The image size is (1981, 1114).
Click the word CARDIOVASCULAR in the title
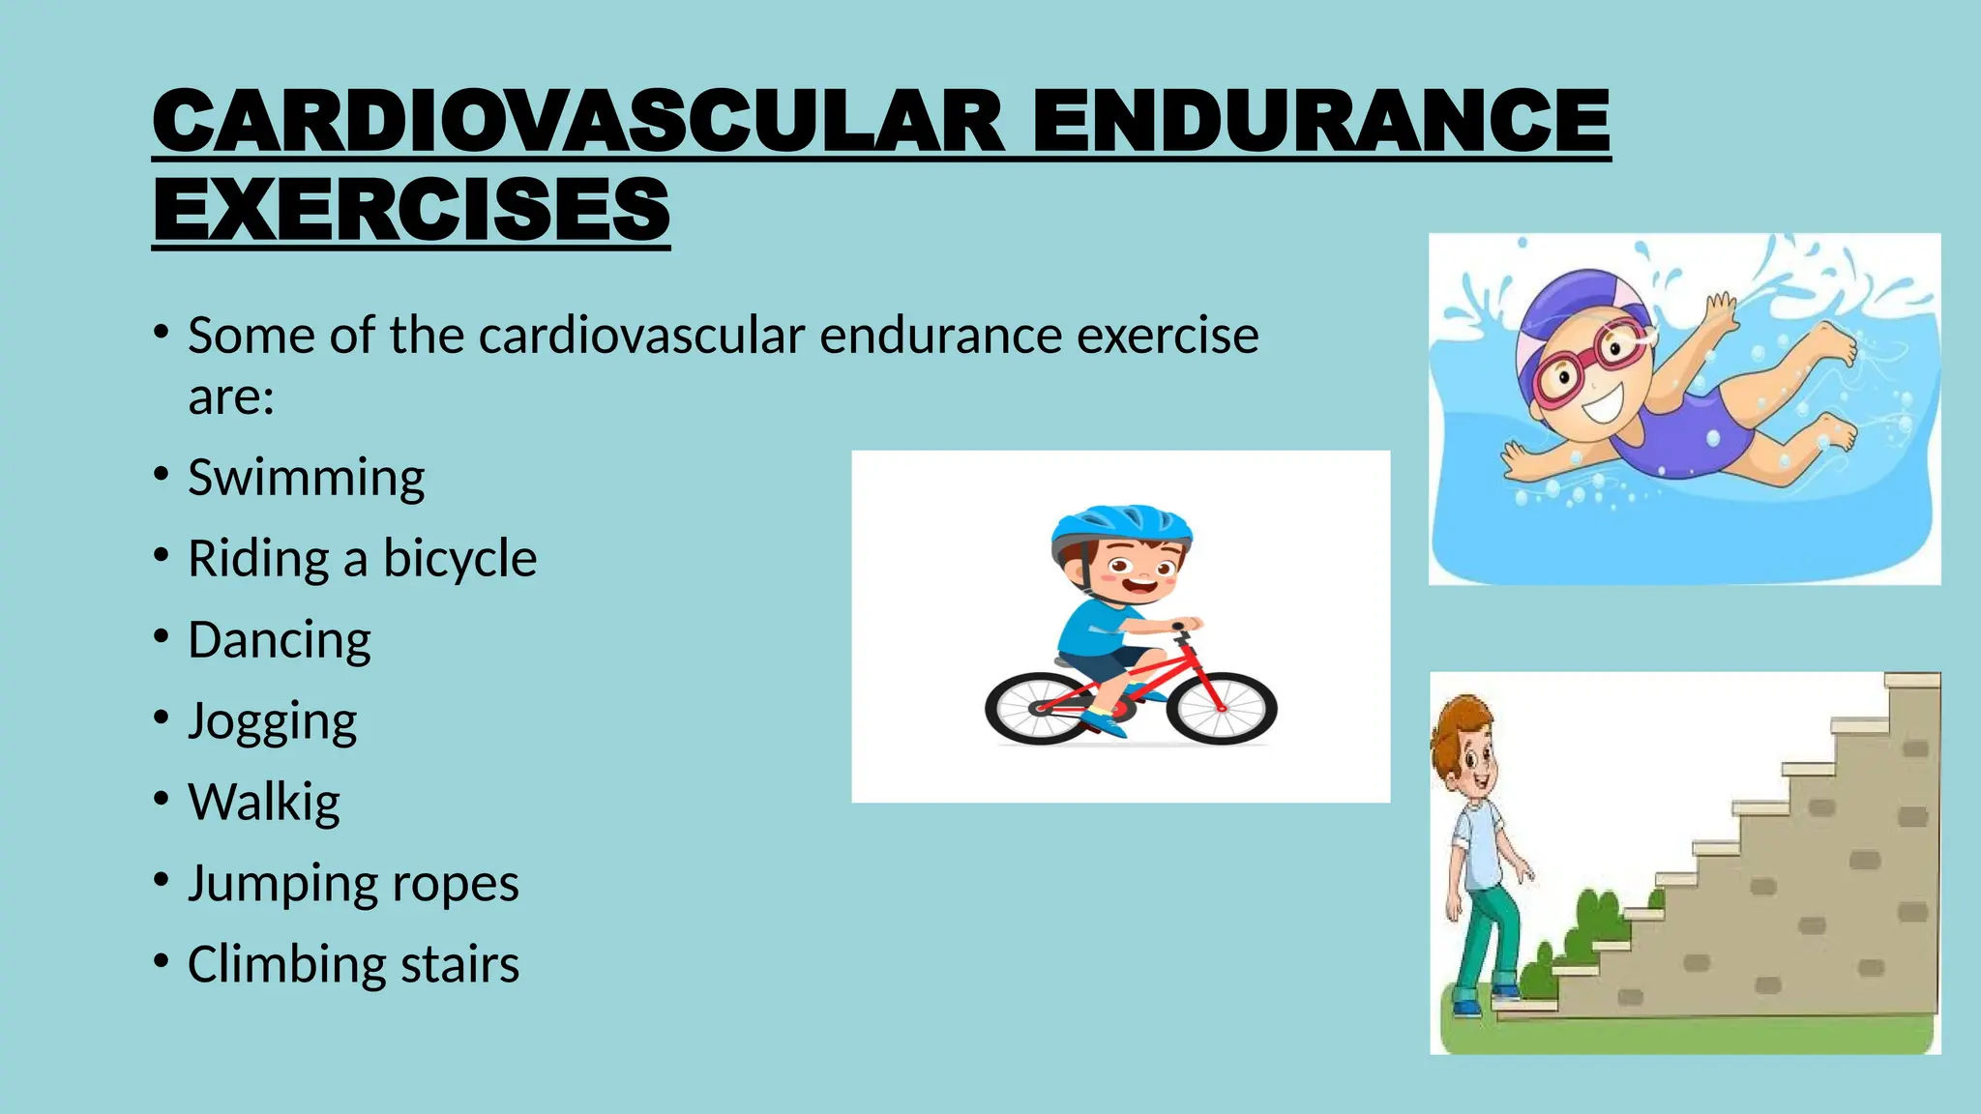pos(577,121)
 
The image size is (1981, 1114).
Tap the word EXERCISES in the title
pos(411,210)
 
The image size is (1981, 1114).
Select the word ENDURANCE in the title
pos(1320,121)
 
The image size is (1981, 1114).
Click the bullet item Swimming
pos(306,478)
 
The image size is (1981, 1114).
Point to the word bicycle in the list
pos(459,559)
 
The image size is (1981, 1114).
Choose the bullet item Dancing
pos(279,640)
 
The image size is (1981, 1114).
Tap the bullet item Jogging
pos(272,722)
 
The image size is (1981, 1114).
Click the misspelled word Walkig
pos(263,803)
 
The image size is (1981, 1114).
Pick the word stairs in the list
pos(459,965)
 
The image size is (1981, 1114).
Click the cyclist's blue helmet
pos(1121,528)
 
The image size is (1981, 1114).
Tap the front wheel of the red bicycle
pos(1222,709)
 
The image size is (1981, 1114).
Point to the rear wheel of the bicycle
pos(1036,709)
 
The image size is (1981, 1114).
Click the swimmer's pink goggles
pos(1586,364)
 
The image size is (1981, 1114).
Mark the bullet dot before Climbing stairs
pos(160,962)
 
